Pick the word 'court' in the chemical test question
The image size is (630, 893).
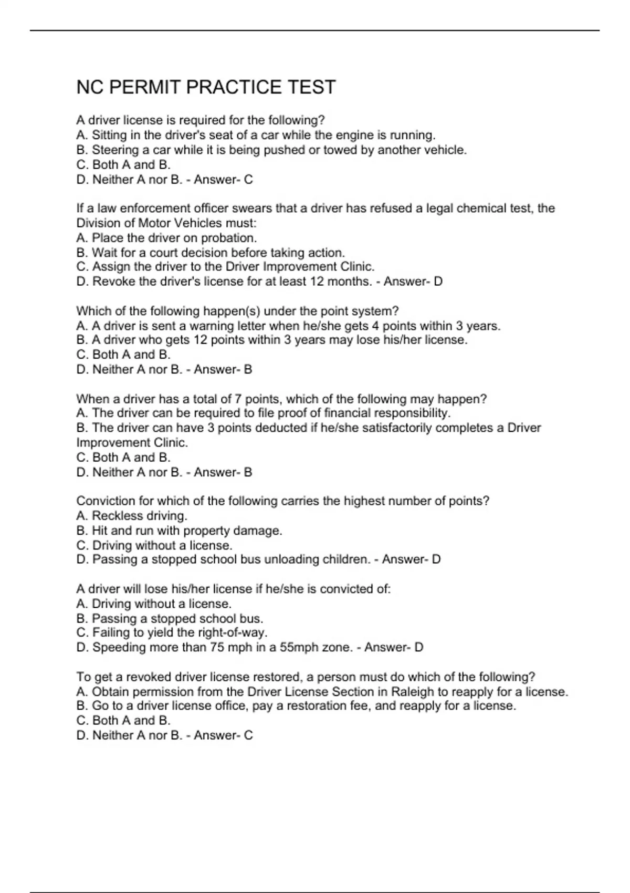166,253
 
